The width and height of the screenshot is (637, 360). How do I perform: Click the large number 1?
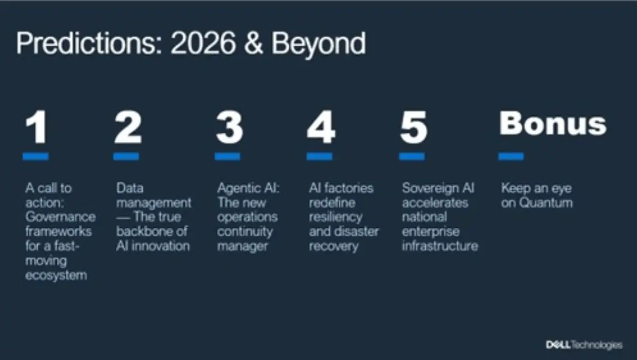pos(37,128)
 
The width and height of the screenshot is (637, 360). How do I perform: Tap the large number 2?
pos(128,128)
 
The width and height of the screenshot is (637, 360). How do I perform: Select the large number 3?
pos(229,128)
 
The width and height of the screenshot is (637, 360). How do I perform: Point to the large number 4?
pos(321,128)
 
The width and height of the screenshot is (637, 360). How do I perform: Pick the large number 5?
pos(413,128)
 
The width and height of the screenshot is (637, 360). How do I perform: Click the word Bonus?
pos(553,123)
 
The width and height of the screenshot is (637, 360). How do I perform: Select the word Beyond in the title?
pos(318,44)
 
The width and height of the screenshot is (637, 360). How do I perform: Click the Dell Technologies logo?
pos(584,345)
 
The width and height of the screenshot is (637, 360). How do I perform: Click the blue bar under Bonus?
pos(511,156)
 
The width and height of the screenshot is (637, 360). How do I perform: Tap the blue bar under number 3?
pos(227,156)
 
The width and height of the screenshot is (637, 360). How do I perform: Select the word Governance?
pos(61,217)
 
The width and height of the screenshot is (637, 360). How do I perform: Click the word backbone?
pos(141,232)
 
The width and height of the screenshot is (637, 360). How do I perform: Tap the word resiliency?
pos(335,217)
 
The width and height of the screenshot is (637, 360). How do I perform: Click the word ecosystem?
pos(56,275)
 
